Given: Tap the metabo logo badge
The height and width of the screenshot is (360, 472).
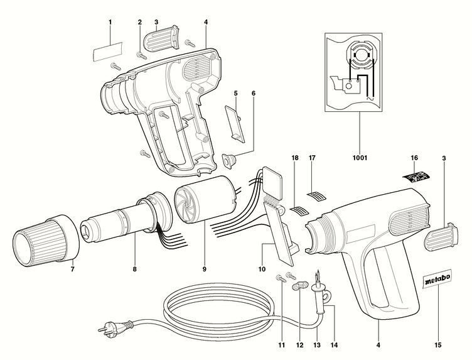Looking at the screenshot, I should click(x=433, y=281).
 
